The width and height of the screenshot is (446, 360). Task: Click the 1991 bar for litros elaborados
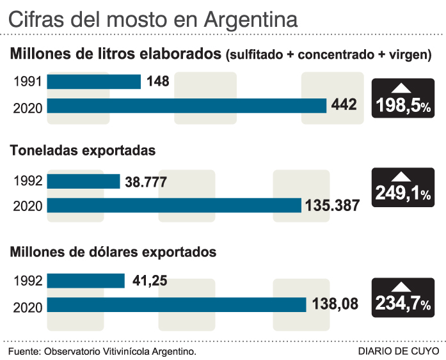[94, 82]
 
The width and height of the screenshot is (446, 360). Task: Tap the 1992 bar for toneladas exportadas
[84, 182]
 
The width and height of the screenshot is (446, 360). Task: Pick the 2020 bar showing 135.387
[174, 205]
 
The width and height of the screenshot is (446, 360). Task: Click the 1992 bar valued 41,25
[86, 281]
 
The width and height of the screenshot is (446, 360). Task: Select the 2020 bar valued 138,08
[177, 305]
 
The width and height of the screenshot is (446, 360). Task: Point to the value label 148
[157, 82]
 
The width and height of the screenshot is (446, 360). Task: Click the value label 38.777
[146, 182]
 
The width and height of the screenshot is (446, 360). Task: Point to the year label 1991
[28, 82]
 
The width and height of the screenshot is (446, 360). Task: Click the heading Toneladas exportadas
[83, 152]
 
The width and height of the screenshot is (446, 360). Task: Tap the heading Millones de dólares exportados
[113, 252]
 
